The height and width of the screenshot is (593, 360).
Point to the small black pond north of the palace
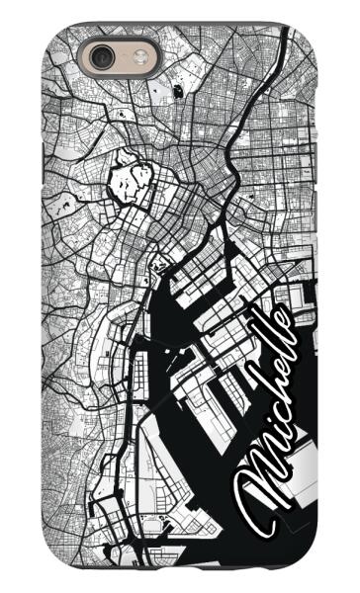tap(176, 91)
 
